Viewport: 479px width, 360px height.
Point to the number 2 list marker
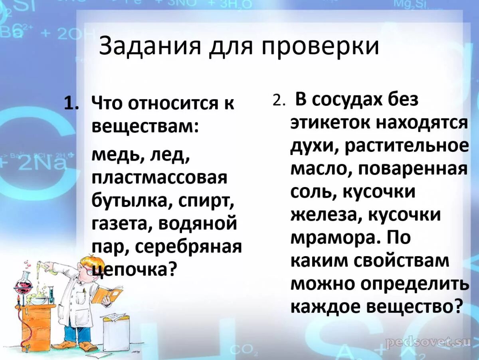coord(278,101)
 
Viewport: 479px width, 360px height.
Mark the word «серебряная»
coord(189,247)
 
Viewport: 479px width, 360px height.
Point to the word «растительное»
coord(407,146)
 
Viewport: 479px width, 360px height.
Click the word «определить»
coord(415,284)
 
